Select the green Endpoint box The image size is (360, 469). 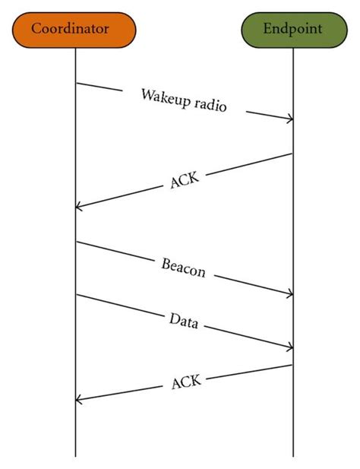pos(292,30)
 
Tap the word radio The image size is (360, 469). pos(210,106)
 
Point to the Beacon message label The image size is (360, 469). pos(183,268)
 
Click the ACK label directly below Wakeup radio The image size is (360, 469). pos(185,180)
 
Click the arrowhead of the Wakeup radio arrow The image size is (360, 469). pos(292,119)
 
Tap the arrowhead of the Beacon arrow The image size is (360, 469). pos(292,294)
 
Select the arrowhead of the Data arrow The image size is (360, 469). pos(292,348)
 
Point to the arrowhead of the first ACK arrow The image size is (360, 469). pos(77,207)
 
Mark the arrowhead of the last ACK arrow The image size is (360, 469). pos(77,400)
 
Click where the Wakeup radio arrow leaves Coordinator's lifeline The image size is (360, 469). pos(76,83)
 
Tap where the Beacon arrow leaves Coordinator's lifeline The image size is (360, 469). pos(76,242)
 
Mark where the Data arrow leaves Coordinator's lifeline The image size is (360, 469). pos(76,295)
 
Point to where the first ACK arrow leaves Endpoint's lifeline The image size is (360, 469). pos(293,154)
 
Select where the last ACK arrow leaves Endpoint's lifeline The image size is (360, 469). pos(293,365)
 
